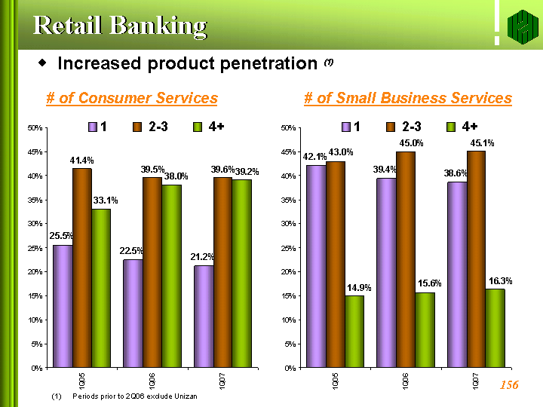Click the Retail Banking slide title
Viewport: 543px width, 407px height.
pyautogui.click(x=119, y=25)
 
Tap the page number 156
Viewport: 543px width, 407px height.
pyautogui.click(x=509, y=385)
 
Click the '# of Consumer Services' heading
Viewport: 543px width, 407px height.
pyautogui.click(x=132, y=98)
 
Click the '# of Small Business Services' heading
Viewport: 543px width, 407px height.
pyautogui.click(x=407, y=98)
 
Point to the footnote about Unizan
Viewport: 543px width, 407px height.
pyautogui.click(x=124, y=396)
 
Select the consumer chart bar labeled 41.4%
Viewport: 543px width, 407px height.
pyautogui.click(x=82, y=268)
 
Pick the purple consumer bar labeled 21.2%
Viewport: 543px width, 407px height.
pyautogui.click(x=204, y=317)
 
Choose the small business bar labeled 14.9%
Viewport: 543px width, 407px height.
pyautogui.click(x=354, y=332)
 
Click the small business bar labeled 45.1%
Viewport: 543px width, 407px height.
pyautogui.click(x=476, y=259)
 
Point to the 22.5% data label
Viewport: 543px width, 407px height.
pyautogui.click(x=131, y=251)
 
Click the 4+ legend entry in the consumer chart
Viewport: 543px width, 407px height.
pyautogui.click(x=209, y=127)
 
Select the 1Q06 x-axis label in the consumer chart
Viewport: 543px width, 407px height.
pyautogui.click(x=152, y=381)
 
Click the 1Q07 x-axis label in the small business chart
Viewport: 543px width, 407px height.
pyautogui.click(x=476, y=381)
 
